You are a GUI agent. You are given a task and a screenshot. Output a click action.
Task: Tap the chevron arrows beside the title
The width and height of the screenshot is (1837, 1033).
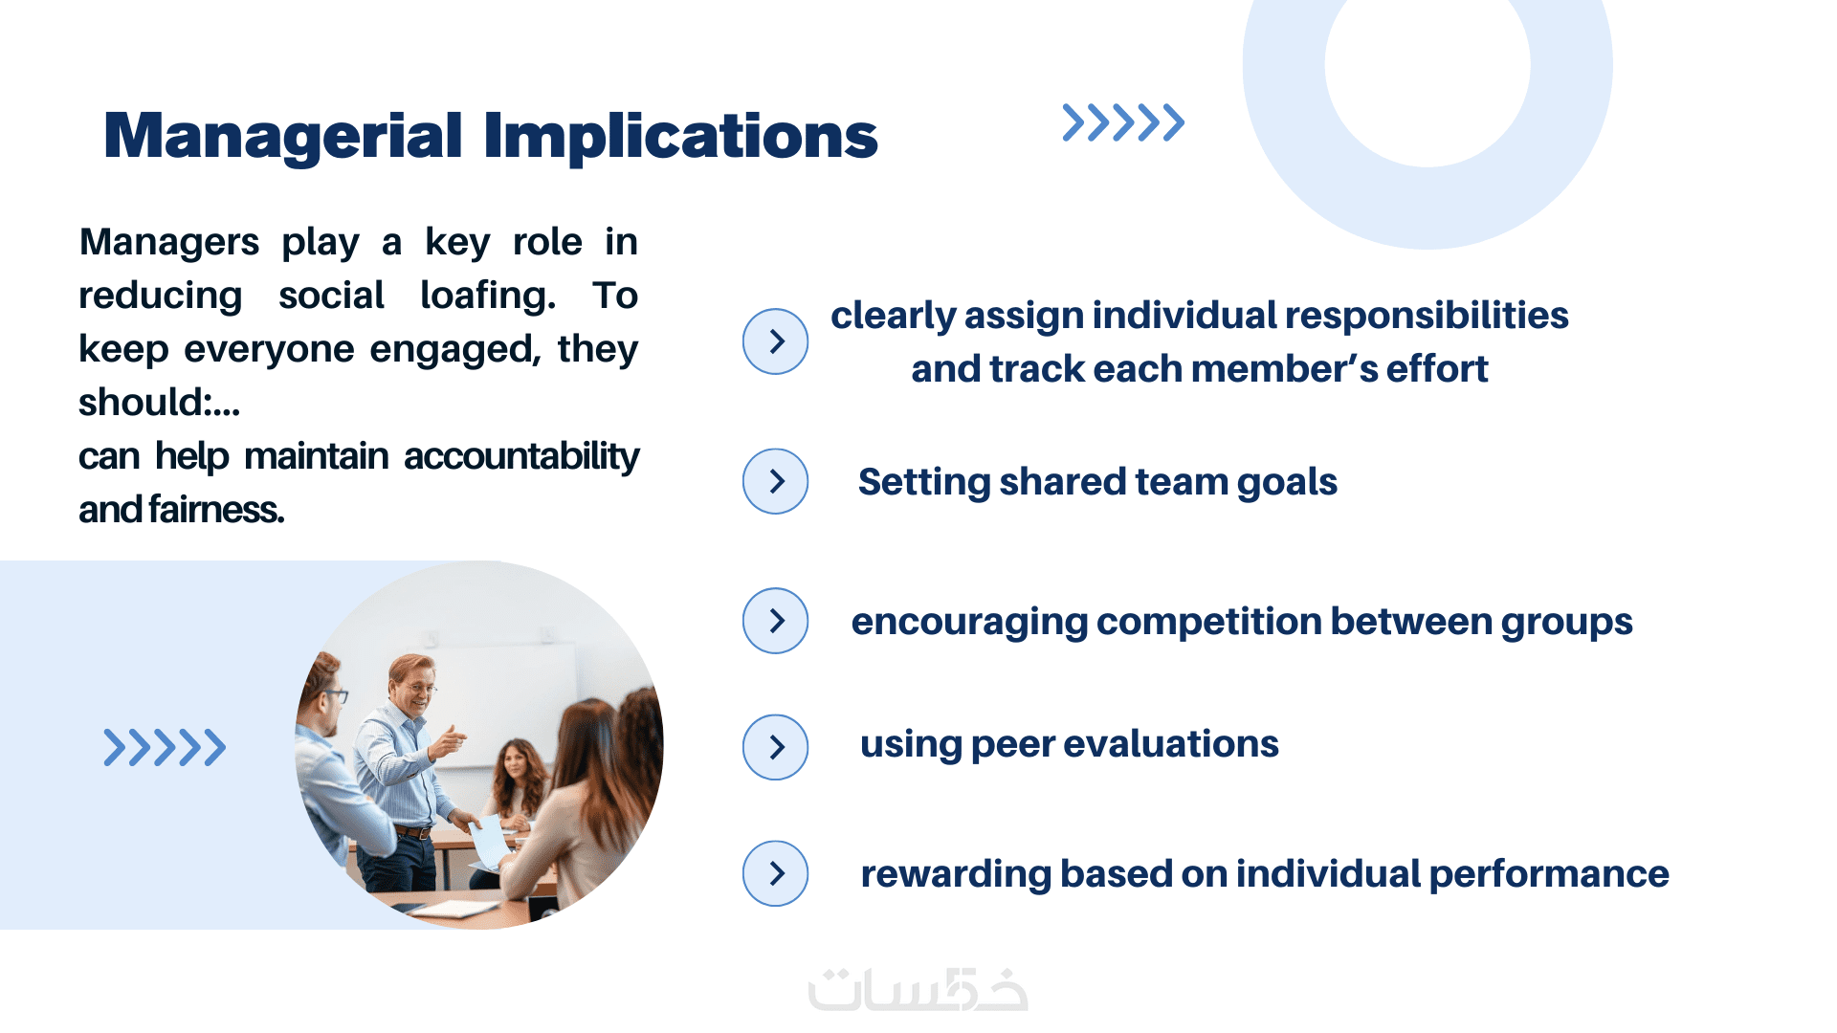coord(1123,122)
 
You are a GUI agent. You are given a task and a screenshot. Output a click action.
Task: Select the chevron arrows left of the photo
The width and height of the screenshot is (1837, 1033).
coord(165,747)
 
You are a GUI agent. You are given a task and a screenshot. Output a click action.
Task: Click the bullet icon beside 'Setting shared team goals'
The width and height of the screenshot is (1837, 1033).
coord(775,481)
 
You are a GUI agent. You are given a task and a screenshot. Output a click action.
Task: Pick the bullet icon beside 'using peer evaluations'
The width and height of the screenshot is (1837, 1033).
coord(775,747)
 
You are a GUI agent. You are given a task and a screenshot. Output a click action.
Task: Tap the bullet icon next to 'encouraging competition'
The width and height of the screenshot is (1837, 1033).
coord(775,621)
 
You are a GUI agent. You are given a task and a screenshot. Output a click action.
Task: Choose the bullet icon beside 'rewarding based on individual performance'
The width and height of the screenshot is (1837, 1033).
coord(775,873)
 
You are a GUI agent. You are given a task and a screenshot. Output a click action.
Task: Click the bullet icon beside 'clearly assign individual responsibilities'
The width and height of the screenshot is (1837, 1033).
coord(775,341)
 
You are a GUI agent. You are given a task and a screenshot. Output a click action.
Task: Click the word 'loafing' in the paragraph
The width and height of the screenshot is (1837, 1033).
coord(488,296)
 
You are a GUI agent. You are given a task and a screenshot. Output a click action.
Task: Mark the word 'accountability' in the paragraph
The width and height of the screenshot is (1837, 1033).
coord(521,457)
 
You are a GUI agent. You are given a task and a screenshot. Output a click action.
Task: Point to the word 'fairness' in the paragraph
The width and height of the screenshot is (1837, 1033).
coord(216,510)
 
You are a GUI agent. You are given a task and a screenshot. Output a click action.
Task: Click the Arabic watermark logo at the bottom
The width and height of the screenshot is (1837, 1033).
coord(918,989)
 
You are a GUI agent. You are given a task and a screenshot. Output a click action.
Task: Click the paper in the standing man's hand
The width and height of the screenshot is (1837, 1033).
coord(491,843)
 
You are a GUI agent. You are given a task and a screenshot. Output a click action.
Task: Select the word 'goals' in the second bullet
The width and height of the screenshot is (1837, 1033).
coord(1287,483)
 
